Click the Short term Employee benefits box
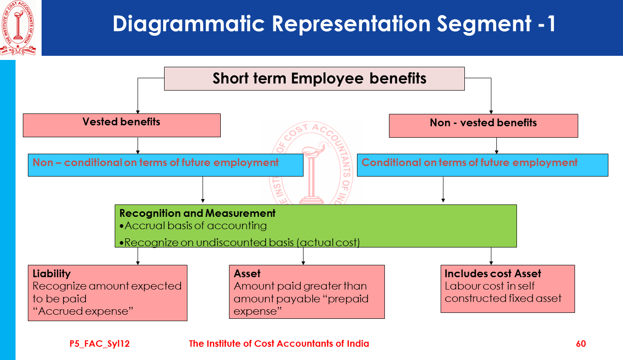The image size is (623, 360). click(314, 79)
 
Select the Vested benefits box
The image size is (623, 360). click(122, 125)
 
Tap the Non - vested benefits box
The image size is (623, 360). click(483, 125)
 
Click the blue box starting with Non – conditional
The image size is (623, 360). click(165, 165)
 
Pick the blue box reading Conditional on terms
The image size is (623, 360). click(482, 165)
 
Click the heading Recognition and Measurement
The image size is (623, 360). click(197, 213)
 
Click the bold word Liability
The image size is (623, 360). click(52, 274)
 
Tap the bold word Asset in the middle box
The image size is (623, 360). click(247, 274)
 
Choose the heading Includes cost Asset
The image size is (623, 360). click(493, 274)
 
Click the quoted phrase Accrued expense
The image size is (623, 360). click(83, 311)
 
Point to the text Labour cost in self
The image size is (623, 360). click(490, 286)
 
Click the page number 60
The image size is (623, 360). click(580, 344)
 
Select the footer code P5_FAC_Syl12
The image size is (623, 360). click(100, 344)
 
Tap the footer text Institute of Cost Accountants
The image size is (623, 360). click(279, 344)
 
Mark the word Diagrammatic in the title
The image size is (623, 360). click(188, 24)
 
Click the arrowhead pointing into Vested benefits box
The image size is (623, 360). click(138, 111)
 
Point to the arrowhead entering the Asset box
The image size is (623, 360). click(303, 263)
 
